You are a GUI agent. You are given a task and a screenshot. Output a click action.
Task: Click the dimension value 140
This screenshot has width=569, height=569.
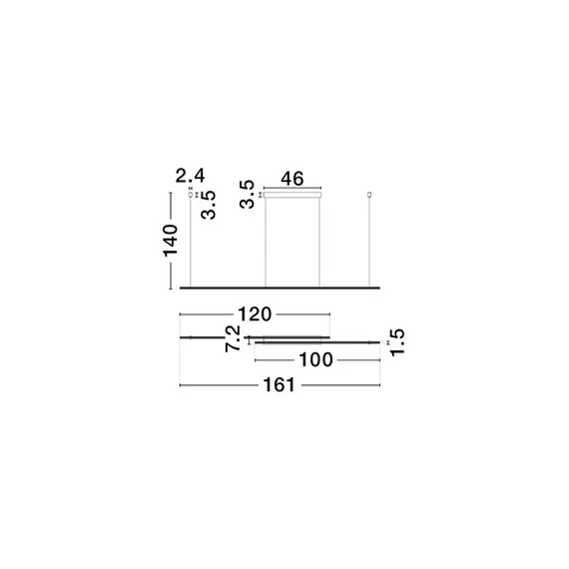tap(171, 242)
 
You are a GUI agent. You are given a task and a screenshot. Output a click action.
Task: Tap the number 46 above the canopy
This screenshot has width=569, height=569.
tap(292, 180)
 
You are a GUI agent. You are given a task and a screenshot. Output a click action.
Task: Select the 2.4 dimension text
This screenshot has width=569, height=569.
tap(191, 177)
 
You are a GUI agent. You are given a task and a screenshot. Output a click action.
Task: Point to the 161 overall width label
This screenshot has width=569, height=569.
tap(279, 385)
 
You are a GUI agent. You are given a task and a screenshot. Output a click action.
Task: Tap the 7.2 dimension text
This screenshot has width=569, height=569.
tap(231, 337)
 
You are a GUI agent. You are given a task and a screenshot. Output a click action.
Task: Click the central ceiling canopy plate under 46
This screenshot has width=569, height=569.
tap(292, 196)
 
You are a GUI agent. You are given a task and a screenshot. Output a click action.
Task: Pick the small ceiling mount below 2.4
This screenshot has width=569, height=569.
tap(191, 195)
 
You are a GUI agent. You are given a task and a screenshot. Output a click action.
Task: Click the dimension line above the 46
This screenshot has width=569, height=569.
tap(292, 188)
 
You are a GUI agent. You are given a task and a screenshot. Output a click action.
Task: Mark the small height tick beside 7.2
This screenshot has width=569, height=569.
tap(247, 339)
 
